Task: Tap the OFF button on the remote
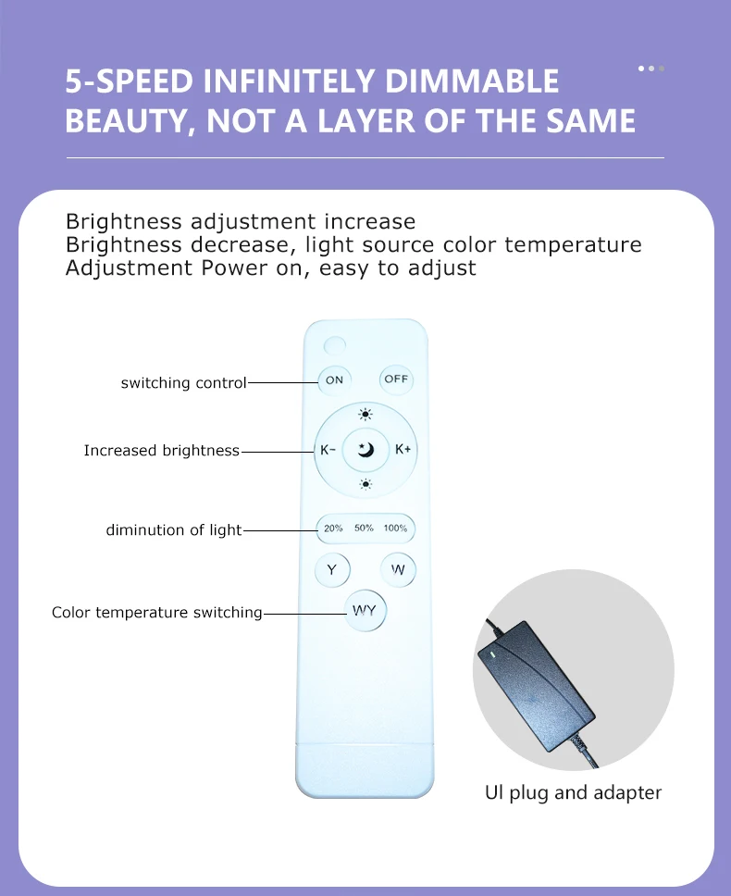tap(396, 379)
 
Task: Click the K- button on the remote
tap(328, 451)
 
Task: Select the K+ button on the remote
tap(403, 450)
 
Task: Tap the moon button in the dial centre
tap(365, 451)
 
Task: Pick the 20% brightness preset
tap(333, 529)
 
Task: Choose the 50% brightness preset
tap(364, 529)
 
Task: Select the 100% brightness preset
tap(395, 529)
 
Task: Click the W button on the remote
tap(398, 570)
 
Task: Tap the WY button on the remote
tap(365, 611)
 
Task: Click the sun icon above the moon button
tap(365, 415)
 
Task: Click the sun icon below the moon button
tap(365, 483)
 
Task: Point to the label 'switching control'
tap(183, 382)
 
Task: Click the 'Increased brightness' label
tap(161, 451)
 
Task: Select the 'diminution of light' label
tap(173, 530)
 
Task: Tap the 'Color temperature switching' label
tap(156, 613)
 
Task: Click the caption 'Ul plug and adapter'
tap(574, 792)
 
